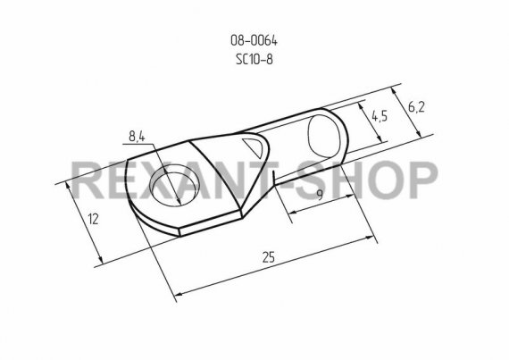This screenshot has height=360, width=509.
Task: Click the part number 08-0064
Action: tap(254, 40)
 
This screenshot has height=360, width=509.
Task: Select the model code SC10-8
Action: tap(254, 60)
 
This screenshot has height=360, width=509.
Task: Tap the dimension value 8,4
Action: tap(137, 137)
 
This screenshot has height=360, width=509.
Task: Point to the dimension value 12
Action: tap(93, 220)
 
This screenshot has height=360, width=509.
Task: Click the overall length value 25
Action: tap(269, 257)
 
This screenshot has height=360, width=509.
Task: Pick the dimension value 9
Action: tap(320, 195)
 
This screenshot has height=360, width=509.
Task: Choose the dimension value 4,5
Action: tap(380, 116)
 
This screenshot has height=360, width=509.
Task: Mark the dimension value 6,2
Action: tap(416, 107)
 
